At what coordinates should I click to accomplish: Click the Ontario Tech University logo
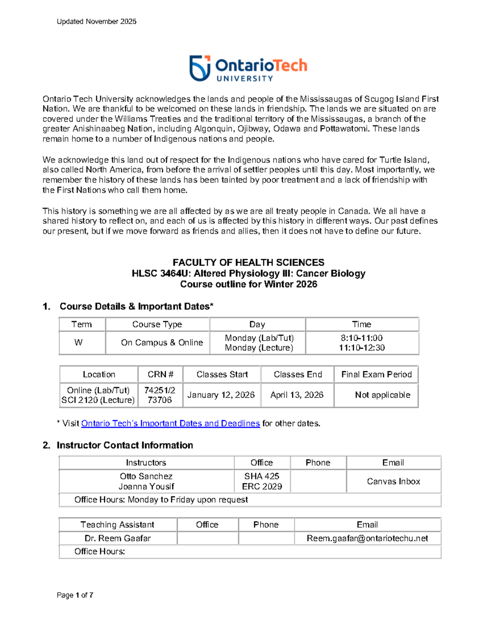click(x=248, y=68)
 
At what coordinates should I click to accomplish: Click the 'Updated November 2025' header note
click(x=96, y=22)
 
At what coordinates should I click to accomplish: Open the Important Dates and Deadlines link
click(x=170, y=423)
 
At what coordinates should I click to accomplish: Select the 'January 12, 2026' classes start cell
click(x=221, y=395)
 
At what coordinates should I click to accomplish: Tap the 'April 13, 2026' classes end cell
click(x=297, y=395)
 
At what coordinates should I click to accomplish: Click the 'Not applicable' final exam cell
click(x=382, y=395)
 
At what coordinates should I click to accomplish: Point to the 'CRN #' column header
click(x=160, y=374)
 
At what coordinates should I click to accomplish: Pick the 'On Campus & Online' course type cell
click(x=162, y=343)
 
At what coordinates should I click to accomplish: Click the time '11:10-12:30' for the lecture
click(x=361, y=347)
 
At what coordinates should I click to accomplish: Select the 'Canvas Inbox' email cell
click(x=393, y=481)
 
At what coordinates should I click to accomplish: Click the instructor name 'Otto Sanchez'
click(x=146, y=476)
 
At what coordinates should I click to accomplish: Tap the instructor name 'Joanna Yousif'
click(x=146, y=487)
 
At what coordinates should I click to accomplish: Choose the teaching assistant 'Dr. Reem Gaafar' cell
click(x=118, y=539)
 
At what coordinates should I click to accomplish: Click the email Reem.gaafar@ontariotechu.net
click(x=367, y=539)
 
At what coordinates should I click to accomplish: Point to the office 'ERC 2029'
click(x=262, y=487)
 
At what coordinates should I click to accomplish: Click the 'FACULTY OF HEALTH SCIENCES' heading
click(x=248, y=262)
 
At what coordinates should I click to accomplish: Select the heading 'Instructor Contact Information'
click(x=125, y=445)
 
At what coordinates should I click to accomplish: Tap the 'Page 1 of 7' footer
click(x=75, y=595)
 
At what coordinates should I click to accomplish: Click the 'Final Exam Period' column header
click(x=376, y=374)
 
